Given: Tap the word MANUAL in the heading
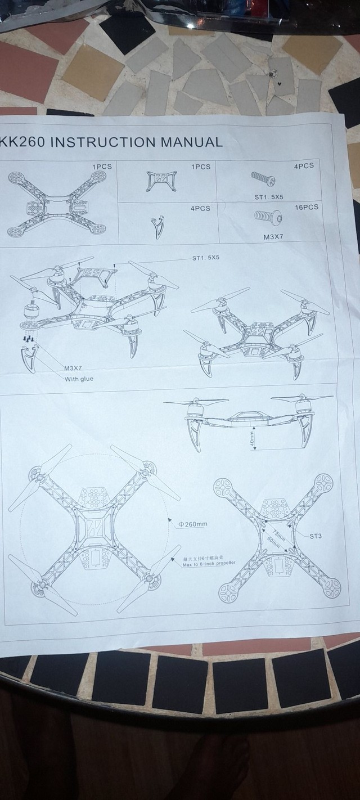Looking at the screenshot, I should pos(192,142).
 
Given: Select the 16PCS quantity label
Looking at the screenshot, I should pos(307,207).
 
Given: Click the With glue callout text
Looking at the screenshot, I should pos(79,379).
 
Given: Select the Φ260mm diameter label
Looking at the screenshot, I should pos(193,524).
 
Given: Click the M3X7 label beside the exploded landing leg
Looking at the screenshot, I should pos(73,368).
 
